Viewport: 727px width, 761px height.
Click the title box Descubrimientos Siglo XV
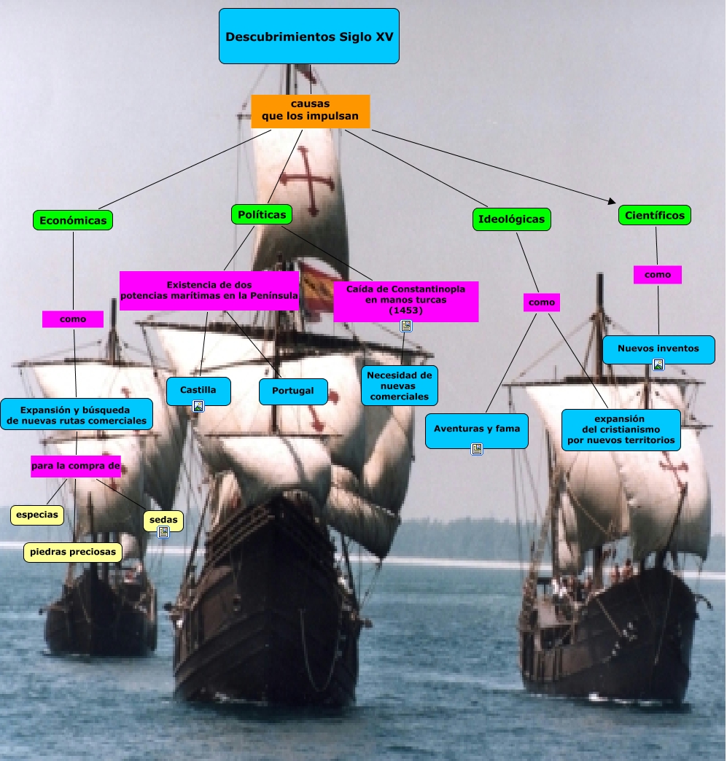click(309, 36)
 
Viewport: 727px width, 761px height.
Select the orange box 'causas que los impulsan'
click(310, 111)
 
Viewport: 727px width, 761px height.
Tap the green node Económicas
click(73, 220)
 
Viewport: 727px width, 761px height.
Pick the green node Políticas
click(262, 214)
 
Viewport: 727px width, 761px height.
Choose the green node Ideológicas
click(510, 219)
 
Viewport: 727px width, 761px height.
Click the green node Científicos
click(655, 215)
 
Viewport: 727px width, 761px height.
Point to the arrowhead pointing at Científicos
click(611, 200)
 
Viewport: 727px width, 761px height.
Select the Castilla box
click(198, 391)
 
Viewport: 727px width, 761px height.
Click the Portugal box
click(293, 391)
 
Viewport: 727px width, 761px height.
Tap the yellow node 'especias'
click(37, 515)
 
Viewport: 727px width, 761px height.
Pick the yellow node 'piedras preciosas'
click(73, 552)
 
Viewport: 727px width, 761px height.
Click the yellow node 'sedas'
click(163, 519)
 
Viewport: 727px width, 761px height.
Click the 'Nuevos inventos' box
click(658, 348)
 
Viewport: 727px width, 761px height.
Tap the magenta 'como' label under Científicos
click(658, 275)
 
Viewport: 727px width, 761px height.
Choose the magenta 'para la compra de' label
click(75, 466)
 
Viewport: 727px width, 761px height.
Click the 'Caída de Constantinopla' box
click(405, 300)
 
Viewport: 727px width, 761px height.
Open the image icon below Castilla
click(198, 406)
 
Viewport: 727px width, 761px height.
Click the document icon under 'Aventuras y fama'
click(477, 449)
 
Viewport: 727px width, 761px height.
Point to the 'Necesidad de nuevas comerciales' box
click(399, 386)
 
